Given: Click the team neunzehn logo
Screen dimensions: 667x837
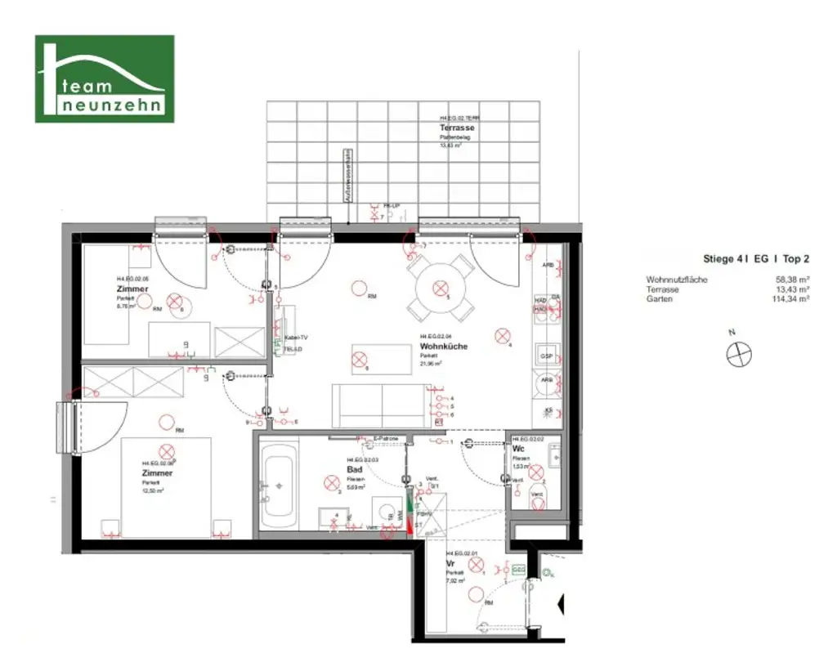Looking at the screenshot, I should click(x=104, y=78).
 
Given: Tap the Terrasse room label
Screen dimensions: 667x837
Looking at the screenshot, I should click(x=457, y=128).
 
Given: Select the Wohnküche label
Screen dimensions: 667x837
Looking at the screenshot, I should click(x=443, y=347).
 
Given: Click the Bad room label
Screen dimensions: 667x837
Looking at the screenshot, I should click(x=354, y=470).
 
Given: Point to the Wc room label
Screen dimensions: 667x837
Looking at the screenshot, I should click(x=518, y=449).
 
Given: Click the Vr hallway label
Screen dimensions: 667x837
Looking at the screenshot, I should click(x=450, y=564).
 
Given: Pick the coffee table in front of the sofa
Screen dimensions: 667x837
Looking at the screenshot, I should click(x=381, y=358).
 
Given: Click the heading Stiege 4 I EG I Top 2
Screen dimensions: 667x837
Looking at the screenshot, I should click(x=756, y=258).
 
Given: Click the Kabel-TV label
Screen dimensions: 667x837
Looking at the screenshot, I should click(x=295, y=338).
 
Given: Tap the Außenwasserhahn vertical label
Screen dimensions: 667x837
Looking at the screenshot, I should click(x=347, y=176).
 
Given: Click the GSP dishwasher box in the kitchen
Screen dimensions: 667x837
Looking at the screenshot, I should click(x=546, y=358).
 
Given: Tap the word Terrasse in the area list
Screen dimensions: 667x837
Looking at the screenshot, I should click(x=663, y=289).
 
